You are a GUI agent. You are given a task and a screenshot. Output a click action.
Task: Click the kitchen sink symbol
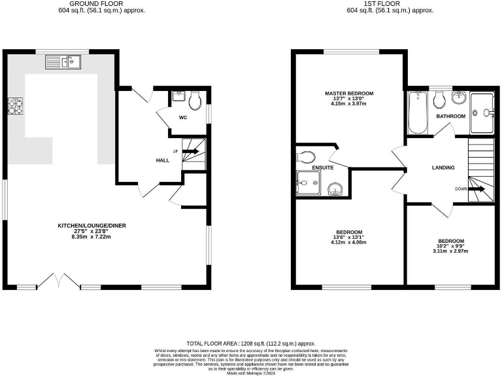point(63,63)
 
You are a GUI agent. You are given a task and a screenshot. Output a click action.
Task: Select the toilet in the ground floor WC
point(194,102)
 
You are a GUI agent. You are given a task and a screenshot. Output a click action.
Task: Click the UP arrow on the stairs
point(191,152)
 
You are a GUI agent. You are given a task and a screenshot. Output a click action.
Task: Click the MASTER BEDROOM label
point(348,94)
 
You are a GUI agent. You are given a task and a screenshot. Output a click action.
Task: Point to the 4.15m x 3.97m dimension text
point(348,104)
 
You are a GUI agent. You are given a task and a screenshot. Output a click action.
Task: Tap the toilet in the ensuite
point(306,156)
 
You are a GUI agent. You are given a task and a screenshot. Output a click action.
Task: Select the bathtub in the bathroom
point(418,113)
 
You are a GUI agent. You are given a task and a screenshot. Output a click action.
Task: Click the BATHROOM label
point(451,117)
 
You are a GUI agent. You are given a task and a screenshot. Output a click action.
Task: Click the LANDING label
point(443,168)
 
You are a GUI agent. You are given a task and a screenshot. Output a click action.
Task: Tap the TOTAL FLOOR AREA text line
point(251,343)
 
